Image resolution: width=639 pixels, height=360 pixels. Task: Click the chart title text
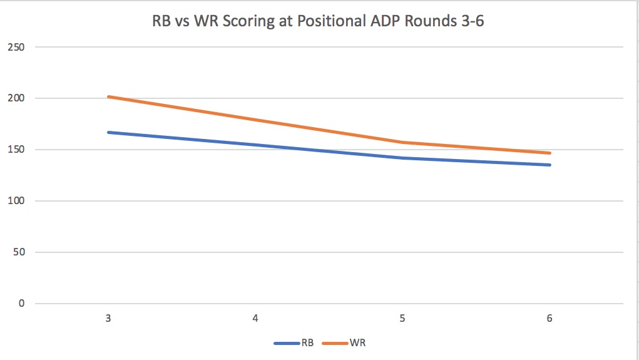click(x=318, y=21)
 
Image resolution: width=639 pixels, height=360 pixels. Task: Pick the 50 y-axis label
click(x=20, y=252)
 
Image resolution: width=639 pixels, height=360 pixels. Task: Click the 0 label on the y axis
click(x=23, y=304)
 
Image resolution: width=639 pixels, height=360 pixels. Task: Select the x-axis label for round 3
click(x=108, y=319)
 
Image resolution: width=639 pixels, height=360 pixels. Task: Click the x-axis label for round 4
click(x=255, y=319)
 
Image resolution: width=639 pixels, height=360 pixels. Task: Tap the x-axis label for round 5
click(x=402, y=319)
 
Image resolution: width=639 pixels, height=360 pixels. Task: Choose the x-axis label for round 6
click(x=550, y=319)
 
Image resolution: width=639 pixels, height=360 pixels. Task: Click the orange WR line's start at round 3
click(x=109, y=96)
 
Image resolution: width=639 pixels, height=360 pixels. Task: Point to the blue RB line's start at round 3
click(x=109, y=132)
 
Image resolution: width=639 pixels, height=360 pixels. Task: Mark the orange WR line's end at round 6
click(x=550, y=153)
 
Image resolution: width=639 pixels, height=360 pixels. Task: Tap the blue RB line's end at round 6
click(x=550, y=165)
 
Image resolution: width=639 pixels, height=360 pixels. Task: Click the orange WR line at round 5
click(x=402, y=142)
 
